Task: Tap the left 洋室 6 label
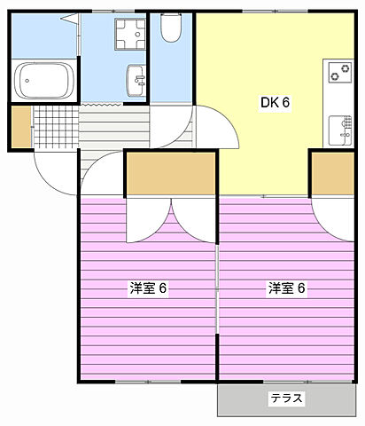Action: tap(148, 288)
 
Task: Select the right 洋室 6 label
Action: tap(288, 288)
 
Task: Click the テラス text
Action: tap(287, 398)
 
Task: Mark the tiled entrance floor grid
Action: tap(56, 128)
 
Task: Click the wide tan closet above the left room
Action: tap(171, 174)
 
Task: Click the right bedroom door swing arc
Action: tap(331, 220)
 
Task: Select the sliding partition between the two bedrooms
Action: tap(218, 293)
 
